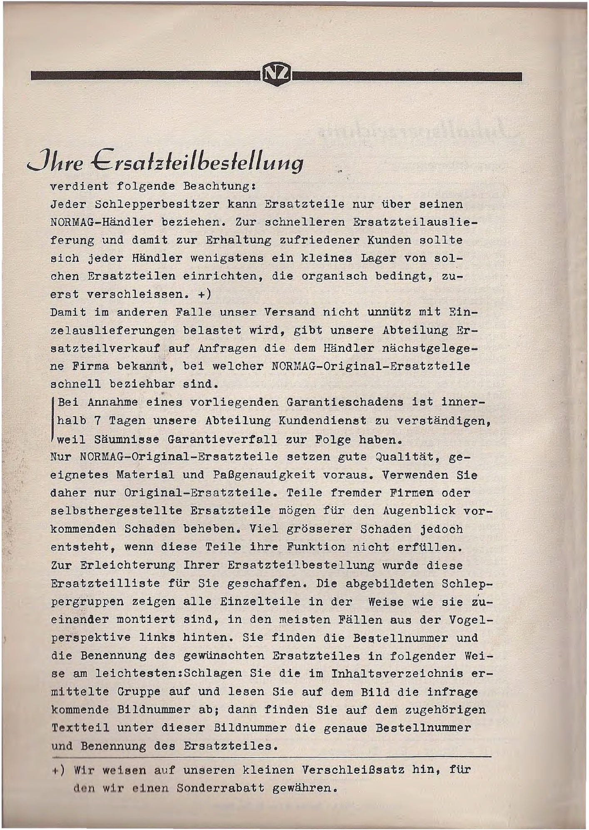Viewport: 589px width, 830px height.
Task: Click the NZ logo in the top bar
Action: coord(276,75)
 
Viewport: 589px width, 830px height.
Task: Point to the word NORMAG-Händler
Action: coord(102,222)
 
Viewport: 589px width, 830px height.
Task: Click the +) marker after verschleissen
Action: coord(205,294)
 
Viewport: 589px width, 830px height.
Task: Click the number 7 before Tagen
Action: coord(97,421)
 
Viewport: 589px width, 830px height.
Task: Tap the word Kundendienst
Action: coord(322,421)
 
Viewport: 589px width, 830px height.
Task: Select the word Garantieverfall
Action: coord(223,440)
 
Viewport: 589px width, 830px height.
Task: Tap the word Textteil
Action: coord(80,728)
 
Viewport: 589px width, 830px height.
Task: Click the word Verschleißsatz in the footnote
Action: coord(353,770)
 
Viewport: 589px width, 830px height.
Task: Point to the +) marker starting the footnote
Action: coord(59,770)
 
